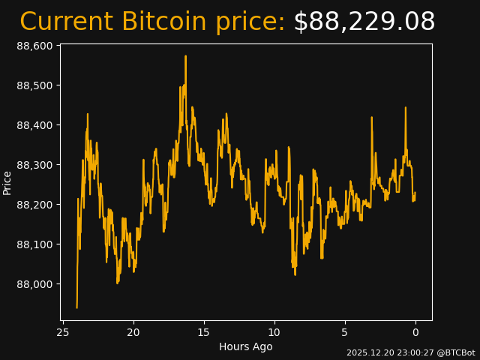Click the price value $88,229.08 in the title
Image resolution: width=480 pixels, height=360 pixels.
click(x=364, y=22)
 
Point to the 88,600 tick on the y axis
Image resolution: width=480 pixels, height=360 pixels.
click(x=34, y=46)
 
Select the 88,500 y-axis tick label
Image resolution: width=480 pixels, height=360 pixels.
click(x=34, y=85)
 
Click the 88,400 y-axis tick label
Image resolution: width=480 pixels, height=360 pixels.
click(x=34, y=125)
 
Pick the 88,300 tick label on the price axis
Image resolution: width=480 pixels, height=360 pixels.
click(x=34, y=165)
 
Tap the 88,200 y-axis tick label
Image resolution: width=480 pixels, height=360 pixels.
click(x=34, y=205)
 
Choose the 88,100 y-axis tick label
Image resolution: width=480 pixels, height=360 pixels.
click(x=34, y=244)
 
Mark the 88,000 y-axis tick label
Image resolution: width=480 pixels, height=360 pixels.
click(x=34, y=284)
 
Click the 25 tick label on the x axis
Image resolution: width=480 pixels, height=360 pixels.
click(x=63, y=332)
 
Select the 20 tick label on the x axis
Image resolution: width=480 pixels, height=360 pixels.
click(x=133, y=332)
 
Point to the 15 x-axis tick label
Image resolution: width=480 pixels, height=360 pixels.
click(x=204, y=332)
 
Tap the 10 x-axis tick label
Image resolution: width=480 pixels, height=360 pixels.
click(x=274, y=332)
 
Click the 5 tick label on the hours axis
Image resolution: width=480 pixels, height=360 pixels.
click(x=345, y=332)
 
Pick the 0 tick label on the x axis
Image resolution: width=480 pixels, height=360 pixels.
click(x=415, y=332)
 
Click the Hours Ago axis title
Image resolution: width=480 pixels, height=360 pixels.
click(x=246, y=346)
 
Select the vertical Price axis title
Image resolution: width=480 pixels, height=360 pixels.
click(x=7, y=182)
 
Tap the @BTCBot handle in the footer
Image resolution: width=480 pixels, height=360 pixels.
click(x=455, y=352)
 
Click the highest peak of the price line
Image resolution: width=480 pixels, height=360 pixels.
click(x=185, y=56)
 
